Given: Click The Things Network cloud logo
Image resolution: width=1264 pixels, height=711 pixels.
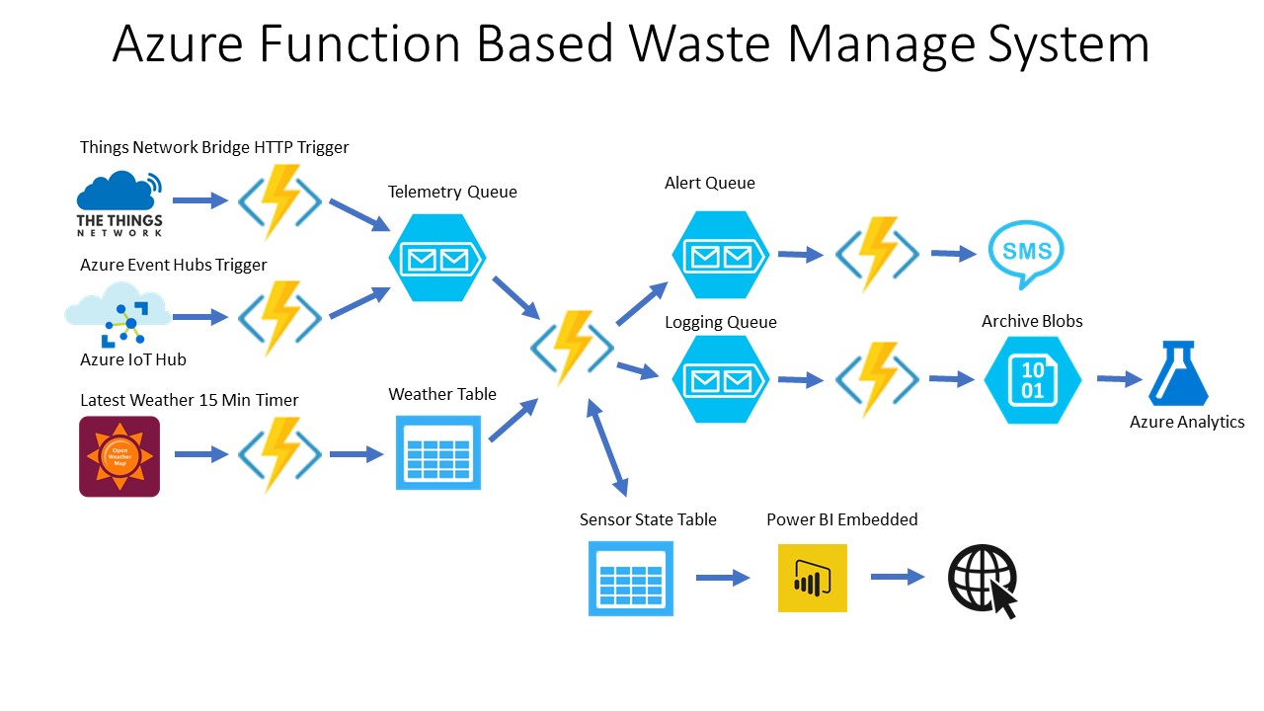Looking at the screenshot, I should (119, 202).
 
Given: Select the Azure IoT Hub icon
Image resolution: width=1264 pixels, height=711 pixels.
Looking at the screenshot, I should (119, 315).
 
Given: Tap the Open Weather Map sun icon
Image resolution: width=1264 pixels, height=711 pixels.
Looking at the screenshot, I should (119, 456).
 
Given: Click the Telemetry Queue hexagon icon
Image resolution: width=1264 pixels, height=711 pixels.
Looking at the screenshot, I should (437, 259).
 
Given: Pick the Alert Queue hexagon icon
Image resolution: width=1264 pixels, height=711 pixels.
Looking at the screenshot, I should (720, 255).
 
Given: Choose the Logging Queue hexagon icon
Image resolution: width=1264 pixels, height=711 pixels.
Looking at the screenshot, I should (720, 379).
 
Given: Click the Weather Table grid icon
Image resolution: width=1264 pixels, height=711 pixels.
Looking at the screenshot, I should (438, 452).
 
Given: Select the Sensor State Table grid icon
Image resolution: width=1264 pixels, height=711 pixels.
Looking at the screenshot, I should (630, 579).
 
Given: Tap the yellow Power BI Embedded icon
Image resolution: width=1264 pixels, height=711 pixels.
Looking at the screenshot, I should (812, 578).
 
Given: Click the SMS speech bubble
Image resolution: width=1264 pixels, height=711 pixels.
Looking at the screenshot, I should (1027, 252).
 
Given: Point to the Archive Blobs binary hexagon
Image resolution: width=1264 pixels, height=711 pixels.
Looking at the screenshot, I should (1033, 379).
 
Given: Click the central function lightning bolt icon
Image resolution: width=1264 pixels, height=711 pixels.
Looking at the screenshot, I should (573, 347).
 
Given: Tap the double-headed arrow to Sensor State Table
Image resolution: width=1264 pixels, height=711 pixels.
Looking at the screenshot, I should (607, 447).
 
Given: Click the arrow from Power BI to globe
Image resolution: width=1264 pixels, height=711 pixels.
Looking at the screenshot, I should (897, 578).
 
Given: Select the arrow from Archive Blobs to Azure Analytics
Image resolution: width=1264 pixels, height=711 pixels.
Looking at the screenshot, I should (1119, 379).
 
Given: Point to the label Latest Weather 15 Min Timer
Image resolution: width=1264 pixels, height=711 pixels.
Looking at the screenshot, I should (190, 400).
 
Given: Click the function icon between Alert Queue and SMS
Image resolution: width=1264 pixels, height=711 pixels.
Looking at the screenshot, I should (877, 255).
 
